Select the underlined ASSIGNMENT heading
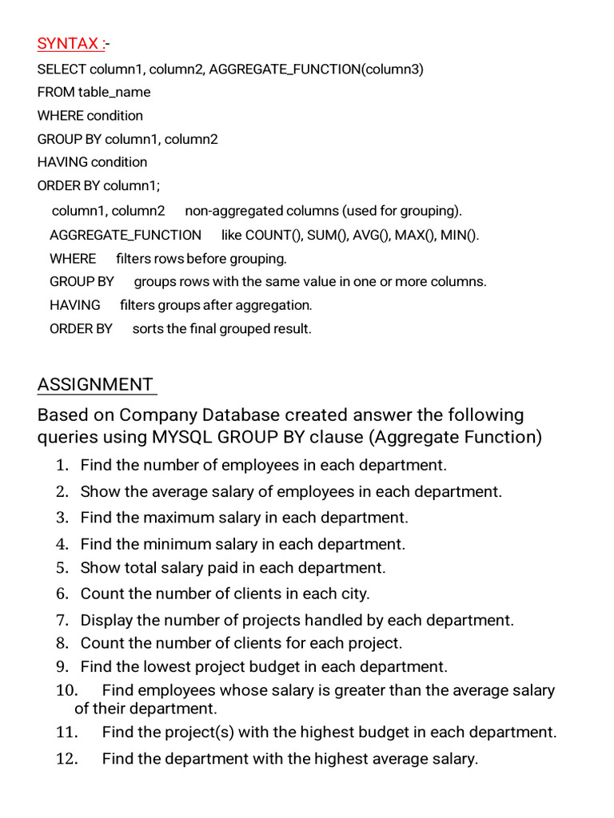click(x=95, y=384)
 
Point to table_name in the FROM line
click(x=114, y=93)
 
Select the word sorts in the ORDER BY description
click(x=148, y=329)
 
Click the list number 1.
click(x=63, y=466)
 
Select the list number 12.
click(x=66, y=759)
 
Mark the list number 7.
click(x=63, y=620)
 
